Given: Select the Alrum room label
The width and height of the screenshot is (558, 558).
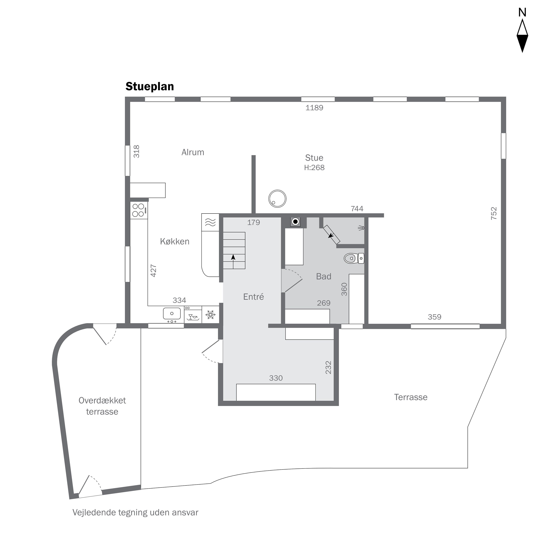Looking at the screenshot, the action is (x=193, y=152).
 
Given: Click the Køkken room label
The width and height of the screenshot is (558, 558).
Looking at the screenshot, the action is (x=174, y=241).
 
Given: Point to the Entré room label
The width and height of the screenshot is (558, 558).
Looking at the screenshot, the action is (x=253, y=297).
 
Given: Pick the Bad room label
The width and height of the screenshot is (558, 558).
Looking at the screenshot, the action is (x=323, y=276).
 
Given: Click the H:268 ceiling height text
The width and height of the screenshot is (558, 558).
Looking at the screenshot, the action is (x=314, y=168).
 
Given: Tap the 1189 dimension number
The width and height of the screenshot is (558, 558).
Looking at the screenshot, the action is (x=314, y=108).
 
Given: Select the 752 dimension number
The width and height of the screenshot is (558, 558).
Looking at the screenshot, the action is (x=494, y=214).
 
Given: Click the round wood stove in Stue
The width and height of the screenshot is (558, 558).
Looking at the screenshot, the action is (x=277, y=199).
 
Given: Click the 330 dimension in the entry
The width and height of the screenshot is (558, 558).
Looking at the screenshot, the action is (x=276, y=378).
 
